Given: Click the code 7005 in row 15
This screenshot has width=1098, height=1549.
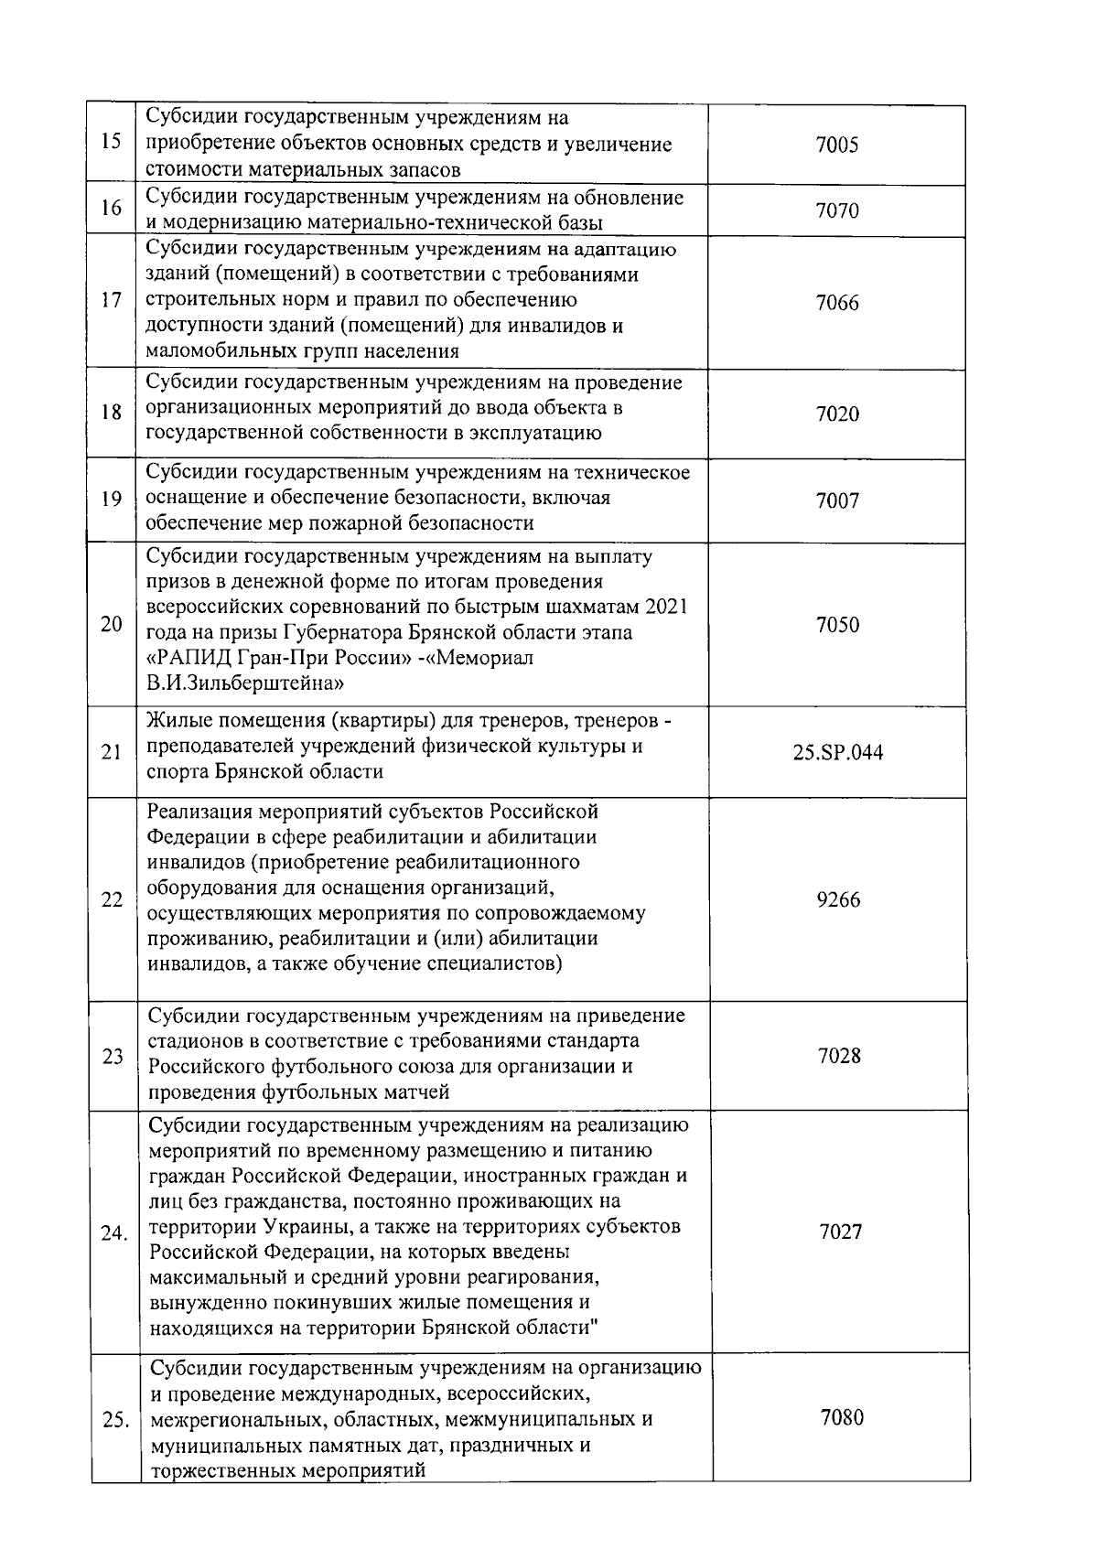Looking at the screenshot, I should pyautogui.click(x=837, y=145).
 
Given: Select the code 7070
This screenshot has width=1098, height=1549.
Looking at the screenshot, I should pyautogui.click(x=837, y=211).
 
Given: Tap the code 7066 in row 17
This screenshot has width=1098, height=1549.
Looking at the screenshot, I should pyautogui.click(x=837, y=303).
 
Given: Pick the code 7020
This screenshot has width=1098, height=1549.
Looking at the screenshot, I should pyautogui.click(x=837, y=414).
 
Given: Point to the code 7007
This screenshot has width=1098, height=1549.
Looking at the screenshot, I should pyautogui.click(x=837, y=500).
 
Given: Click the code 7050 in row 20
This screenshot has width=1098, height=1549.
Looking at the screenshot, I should pyautogui.click(x=837, y=625).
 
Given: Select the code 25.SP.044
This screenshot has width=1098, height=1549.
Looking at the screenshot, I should pyautogui.click(x=838, y=753).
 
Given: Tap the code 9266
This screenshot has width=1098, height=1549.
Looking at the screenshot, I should pyautogui.click(x=838, y=899).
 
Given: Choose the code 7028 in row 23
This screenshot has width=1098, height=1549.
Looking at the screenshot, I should pyautogui.click(x=839, y=1056).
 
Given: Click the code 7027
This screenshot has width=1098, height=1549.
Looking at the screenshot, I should pyautogui.click(x=840, y=1232).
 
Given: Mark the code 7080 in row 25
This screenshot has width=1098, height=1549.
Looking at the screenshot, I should pyautogui.click(x=842, y=1417).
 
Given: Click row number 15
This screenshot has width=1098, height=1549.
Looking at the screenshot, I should pyautogui.click(x=111, y=145).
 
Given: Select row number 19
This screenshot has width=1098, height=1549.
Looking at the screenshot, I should pyautogui.click(x=111, y=500).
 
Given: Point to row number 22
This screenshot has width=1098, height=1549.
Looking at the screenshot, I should pyautogui.click(x=112, y=900).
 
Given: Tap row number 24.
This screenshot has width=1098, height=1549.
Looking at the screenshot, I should pyautogui.click(x=113, y=1233).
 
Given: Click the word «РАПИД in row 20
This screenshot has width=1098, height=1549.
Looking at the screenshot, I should pyautogui.click(x=188, y=658).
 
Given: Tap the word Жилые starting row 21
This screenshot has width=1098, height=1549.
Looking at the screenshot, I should pyautogui.click(x=178, y=722).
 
